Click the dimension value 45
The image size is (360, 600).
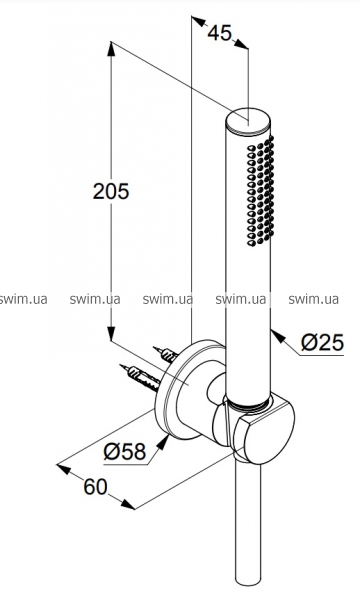(220, 33)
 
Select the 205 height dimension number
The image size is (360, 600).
(111, 191)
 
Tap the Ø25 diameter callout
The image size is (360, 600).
(322, 342)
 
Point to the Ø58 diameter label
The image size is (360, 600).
(125, 452)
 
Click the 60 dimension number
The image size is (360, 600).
(96, 487)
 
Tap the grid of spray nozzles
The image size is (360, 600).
(260, 190)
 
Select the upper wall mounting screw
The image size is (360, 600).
(166, 354)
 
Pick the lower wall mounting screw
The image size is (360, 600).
(140, 377)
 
